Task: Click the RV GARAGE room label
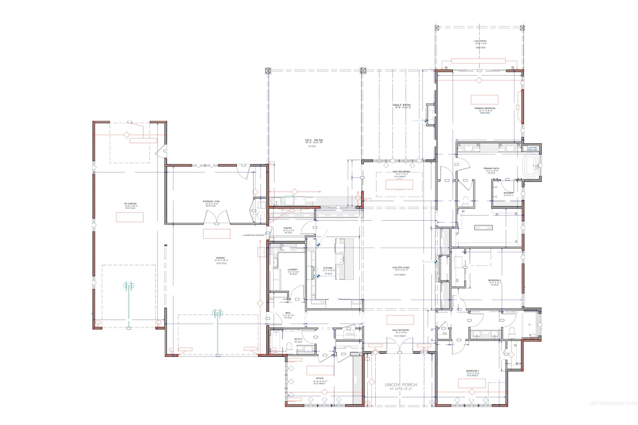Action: point(130,204)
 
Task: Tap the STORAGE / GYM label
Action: point(211,201)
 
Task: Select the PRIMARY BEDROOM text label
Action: point(485,108)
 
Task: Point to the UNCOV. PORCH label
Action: point(401,385)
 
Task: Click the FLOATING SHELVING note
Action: point(532,149)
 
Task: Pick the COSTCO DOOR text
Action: point(254,235)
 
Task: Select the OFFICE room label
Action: point(320,378)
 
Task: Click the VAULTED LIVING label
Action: point(401,267)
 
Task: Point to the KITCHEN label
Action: point(328,268)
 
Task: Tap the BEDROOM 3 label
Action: point(472,371)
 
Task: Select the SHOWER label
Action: point(508,193)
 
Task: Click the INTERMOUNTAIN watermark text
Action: point(613,404)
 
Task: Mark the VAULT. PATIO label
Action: point(402,105)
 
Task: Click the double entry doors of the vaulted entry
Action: point(400,346)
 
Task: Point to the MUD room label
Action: point(288,313)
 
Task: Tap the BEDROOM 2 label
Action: point(494,280)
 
